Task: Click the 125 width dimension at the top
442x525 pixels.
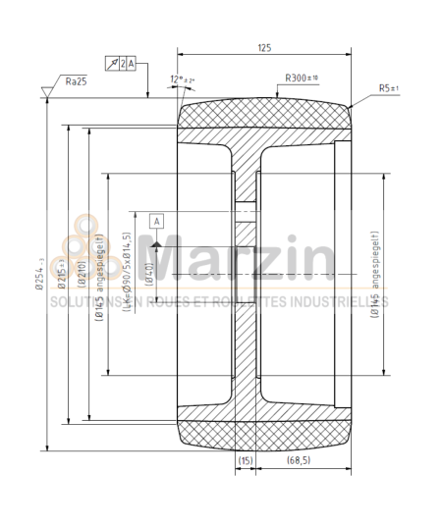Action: coord(263,47)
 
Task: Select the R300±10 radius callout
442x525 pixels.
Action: coord(301,77)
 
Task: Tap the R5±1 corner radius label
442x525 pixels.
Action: coord(389,87)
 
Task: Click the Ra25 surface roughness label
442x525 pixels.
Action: coord(75,81)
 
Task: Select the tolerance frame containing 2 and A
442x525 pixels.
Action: coord(124,64)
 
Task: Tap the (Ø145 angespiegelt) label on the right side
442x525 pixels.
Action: coord(376,274)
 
